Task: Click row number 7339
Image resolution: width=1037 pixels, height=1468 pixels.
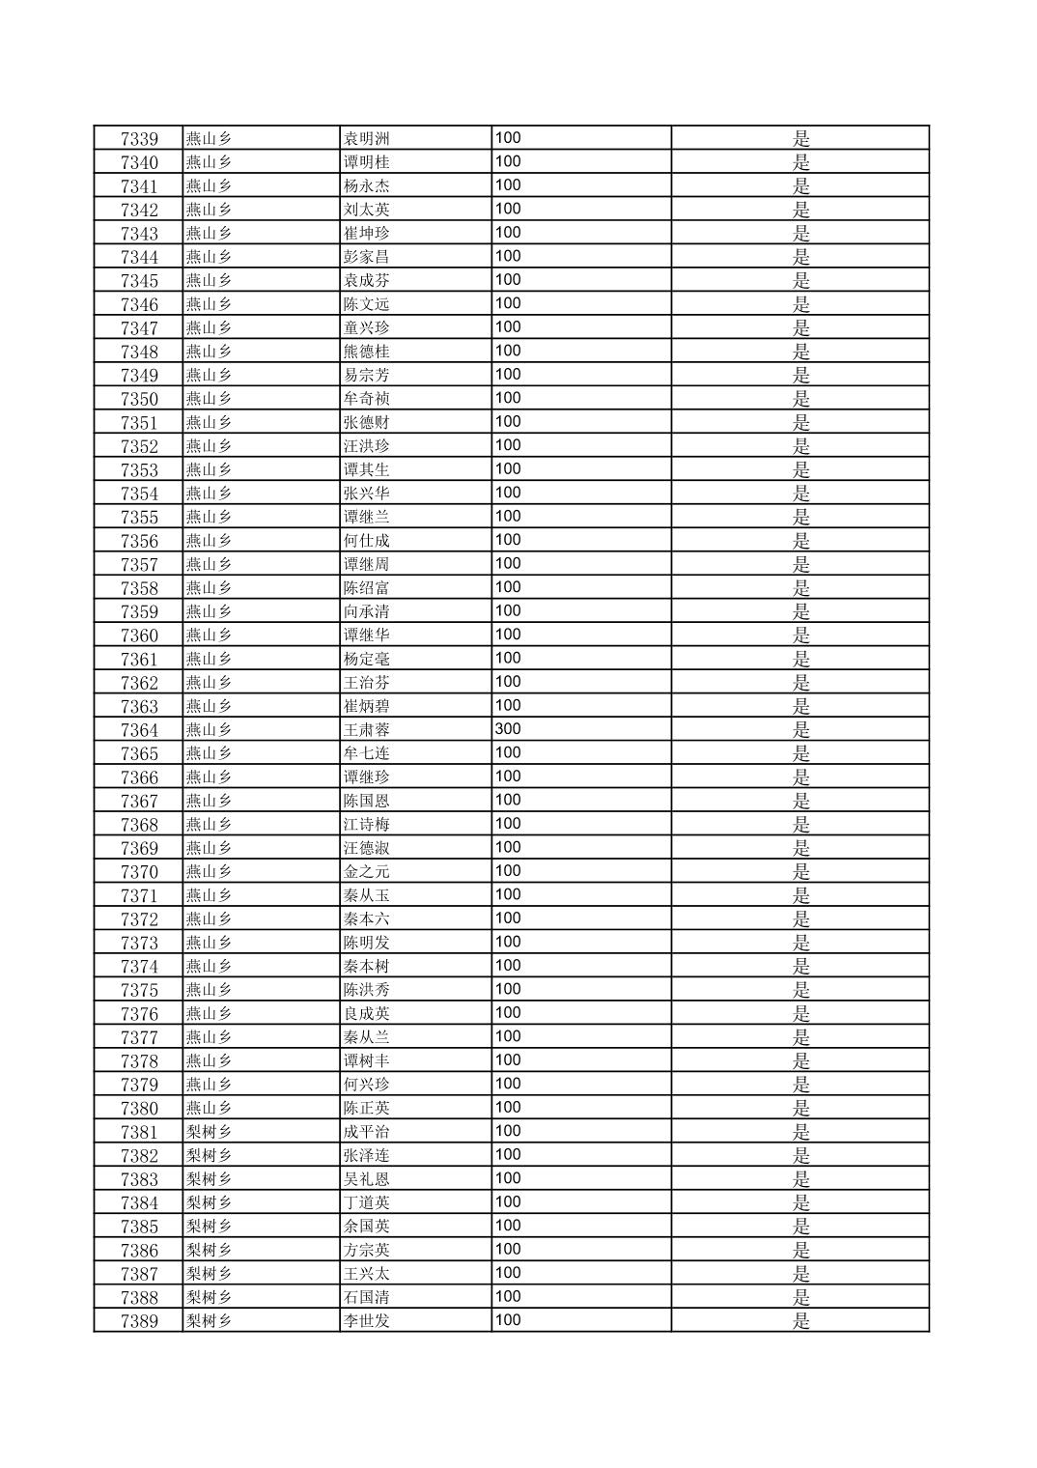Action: [x=139, y=139]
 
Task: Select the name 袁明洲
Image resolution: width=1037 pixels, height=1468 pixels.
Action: [x=367, y=139]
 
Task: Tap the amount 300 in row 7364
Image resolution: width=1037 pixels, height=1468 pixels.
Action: [x=508, y=729]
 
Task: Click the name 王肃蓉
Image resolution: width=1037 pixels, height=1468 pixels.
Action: [x=367, y=730]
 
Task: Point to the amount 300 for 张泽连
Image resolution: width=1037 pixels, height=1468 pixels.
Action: [x=508, y=1155]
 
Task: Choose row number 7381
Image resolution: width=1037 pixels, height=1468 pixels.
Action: [x=139, y=1132]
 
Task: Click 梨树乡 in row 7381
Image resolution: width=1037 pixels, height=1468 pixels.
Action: [x=209, y=1132]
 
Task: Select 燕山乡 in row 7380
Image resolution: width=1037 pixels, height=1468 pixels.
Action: [x=209, y=1109]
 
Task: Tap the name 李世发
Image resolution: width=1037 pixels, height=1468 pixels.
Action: [x=367, y=1321]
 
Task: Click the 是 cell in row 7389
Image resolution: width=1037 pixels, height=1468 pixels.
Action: [x=800, y=1321]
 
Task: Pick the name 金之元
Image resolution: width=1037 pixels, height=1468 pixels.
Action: [x=367, y=872]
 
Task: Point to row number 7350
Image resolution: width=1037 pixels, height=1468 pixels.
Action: [x=139, y=399]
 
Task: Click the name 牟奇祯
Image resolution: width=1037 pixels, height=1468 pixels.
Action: [x=367, y=399]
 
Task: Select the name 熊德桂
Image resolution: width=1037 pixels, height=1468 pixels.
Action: [x=367, y=352]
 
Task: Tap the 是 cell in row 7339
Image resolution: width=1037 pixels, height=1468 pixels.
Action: [x=800, y=139]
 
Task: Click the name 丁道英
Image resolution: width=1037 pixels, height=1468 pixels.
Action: [x=367, y=1202]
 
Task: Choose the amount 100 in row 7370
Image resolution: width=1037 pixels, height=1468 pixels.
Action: [x=508, y=871]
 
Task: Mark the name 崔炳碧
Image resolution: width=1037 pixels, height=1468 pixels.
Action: [x=367, y=706]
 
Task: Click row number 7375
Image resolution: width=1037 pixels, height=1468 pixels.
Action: [x=139, y=990]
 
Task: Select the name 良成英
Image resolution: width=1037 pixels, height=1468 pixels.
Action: [x=367, y=1014]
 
